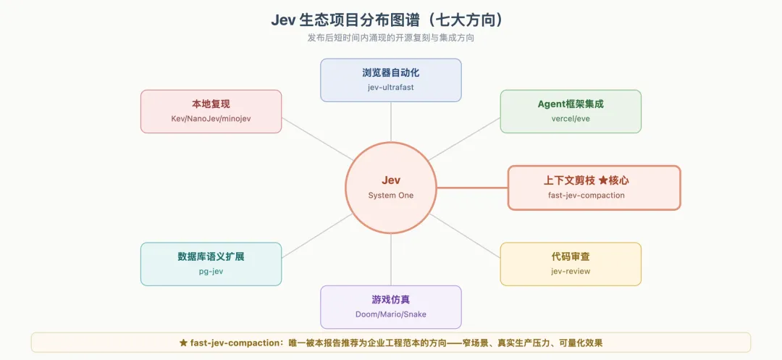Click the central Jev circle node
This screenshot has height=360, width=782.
click(x=390, y=188)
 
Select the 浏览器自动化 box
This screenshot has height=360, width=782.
click(x=390, y=80)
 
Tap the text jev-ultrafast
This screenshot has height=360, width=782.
click(x=390, y=87)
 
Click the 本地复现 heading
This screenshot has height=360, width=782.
click(x=211, y=104)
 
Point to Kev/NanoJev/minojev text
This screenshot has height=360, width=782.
click(x=211, y=119)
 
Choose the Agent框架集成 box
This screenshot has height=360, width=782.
click(x=571, y=112)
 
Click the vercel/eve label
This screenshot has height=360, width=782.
click(x=571, y=119)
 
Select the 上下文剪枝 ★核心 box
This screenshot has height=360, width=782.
click(x=594, y=188)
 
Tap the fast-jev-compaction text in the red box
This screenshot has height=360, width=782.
click(x=586, y=195)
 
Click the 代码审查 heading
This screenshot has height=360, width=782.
click(x=571, y=257)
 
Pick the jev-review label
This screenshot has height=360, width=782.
click(x=571, y=271)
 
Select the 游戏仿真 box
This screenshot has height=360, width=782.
click(x=390, y=307)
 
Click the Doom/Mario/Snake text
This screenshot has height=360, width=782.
click(x=390, y=314)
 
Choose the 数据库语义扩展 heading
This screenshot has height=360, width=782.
click(x=211, y=257)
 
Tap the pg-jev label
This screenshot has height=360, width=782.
click(x=211, y=271)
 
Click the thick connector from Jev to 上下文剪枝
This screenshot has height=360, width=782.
click(x=472, y=188)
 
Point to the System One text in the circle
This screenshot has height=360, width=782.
click(x=390, y=196)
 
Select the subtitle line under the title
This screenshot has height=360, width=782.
click(x=390, y=38)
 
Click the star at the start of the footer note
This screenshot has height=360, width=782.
click(x=183, y=343)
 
